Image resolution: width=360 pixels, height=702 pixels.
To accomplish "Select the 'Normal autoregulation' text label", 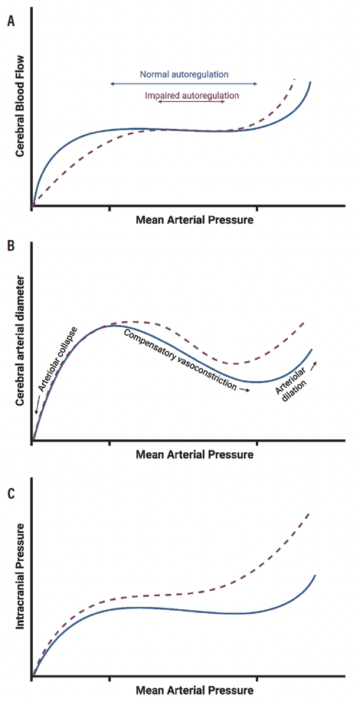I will coord(185,75).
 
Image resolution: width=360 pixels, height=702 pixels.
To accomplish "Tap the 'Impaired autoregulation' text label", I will coord(191,96).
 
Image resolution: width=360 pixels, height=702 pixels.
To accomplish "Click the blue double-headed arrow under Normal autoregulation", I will coord(184,84).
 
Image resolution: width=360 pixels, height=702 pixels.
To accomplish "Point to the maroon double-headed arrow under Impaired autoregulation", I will coord(191,103).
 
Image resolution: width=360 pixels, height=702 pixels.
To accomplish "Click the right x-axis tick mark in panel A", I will coord(257,207).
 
